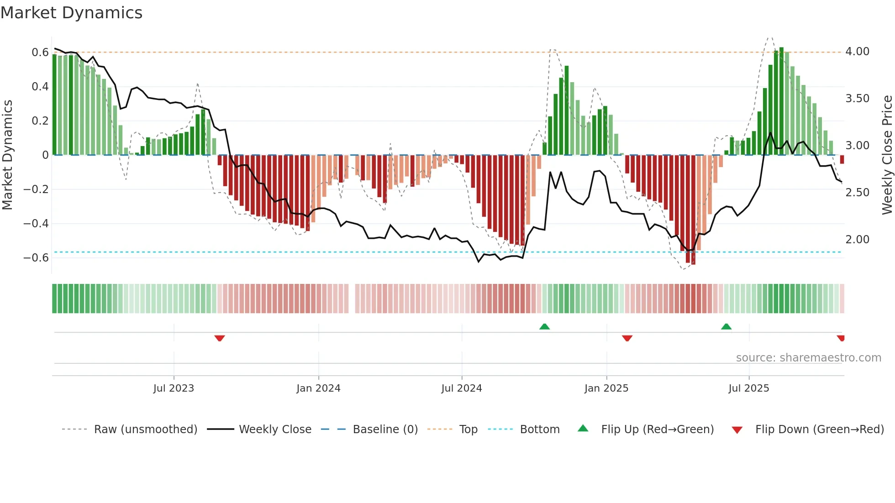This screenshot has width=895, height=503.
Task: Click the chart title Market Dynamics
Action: (71, 13)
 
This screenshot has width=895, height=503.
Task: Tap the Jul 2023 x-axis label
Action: (174, 388)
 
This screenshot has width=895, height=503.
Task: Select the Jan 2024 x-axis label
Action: (318, 388)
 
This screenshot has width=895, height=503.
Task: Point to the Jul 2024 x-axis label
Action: (461, 388)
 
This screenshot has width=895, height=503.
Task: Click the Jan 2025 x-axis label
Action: (606, 388)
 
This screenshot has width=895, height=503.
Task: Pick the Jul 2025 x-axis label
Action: (748, 388)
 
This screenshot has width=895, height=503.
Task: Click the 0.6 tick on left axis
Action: (40, 52)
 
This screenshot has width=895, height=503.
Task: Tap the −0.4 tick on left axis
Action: (36, 224)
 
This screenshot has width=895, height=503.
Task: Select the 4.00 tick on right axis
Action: (857, 52)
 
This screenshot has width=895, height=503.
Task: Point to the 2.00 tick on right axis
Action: (857, 240)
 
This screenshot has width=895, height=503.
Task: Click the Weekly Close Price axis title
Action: (886, 155)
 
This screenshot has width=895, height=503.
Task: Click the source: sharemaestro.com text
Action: (808, 358)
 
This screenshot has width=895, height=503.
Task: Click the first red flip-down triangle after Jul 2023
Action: (220, 338)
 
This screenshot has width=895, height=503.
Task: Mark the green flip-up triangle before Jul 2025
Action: (726, 326)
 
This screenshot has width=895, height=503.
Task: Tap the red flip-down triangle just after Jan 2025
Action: (627, 338)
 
